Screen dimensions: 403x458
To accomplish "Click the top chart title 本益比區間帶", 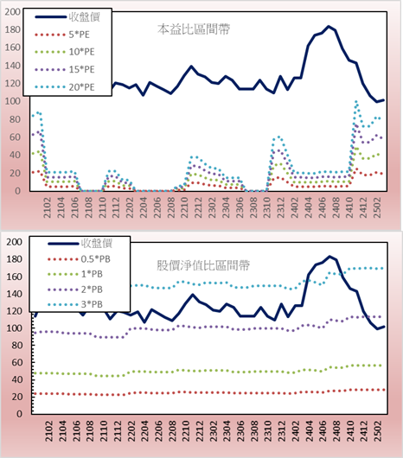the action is point(194,29).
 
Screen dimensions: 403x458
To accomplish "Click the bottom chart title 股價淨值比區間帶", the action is point(203,265).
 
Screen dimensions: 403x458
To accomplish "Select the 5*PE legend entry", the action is point(62,35).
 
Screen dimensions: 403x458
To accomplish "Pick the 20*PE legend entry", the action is point(64,87).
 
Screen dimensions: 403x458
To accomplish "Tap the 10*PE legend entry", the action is point(64,52).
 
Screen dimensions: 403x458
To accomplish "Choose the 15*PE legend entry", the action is point(64,69).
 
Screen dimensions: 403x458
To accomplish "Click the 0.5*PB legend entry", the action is point(79,259).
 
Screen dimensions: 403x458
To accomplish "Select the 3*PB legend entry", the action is point(75,304).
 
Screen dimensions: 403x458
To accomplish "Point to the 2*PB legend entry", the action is point(75,289).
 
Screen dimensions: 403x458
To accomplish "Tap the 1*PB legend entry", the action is point(75,274).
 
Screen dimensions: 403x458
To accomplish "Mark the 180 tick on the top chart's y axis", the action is point(13,29).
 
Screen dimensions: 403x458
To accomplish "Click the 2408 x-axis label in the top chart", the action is point(336,207).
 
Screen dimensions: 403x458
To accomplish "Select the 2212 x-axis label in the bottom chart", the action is point(200,431).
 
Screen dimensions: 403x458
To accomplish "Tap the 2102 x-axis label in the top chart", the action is point(48,207).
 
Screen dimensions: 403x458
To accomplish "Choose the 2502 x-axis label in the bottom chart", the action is point(379,431).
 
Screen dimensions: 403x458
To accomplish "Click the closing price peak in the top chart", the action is point(329,27).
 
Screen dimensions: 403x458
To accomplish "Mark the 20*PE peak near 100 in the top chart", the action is point(356,102).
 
